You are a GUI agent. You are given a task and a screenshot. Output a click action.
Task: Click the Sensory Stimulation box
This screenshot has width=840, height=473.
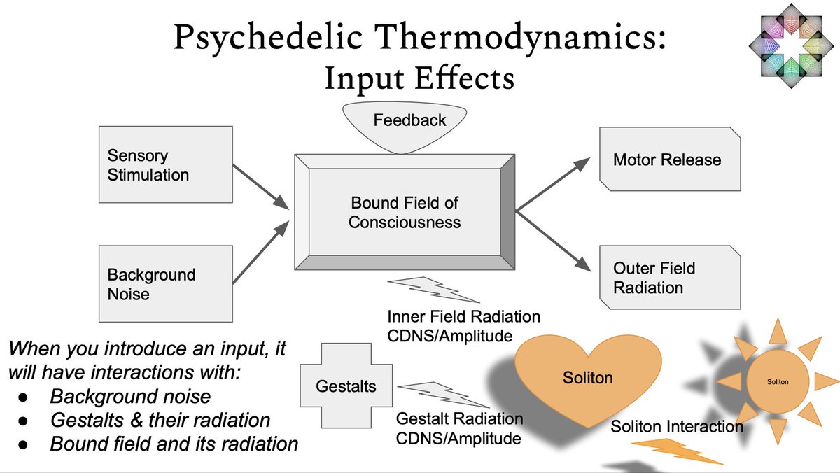165,164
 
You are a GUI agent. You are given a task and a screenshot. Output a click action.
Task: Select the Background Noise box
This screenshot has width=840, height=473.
165,283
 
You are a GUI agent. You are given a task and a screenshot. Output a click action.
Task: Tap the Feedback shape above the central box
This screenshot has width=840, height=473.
409,126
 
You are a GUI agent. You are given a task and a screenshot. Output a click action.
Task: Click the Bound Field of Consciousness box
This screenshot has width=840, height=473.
405,212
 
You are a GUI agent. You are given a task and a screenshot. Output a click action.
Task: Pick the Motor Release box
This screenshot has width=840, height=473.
669,160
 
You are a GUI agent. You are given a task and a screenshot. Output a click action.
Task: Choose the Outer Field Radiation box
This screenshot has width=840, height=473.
669,277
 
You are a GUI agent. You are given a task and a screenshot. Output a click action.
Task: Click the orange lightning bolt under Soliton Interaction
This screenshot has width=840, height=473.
682,452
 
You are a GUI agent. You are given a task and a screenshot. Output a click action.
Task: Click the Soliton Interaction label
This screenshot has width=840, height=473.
676,426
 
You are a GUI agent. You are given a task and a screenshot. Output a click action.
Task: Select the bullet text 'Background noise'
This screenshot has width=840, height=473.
130,397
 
